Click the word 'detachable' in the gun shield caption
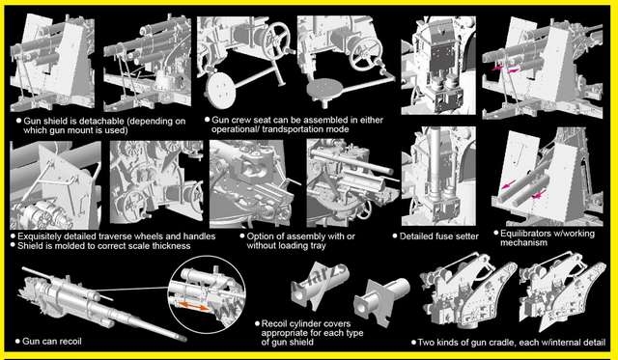(98, 122)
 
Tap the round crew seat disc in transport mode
(221, 91)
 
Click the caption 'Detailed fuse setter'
(438, 236)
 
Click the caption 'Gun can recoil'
(52, 341)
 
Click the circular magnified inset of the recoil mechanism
(206, 294)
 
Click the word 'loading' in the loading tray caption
(294, 246)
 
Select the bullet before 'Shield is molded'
(13, 245)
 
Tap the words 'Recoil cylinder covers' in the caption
(306, 323)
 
